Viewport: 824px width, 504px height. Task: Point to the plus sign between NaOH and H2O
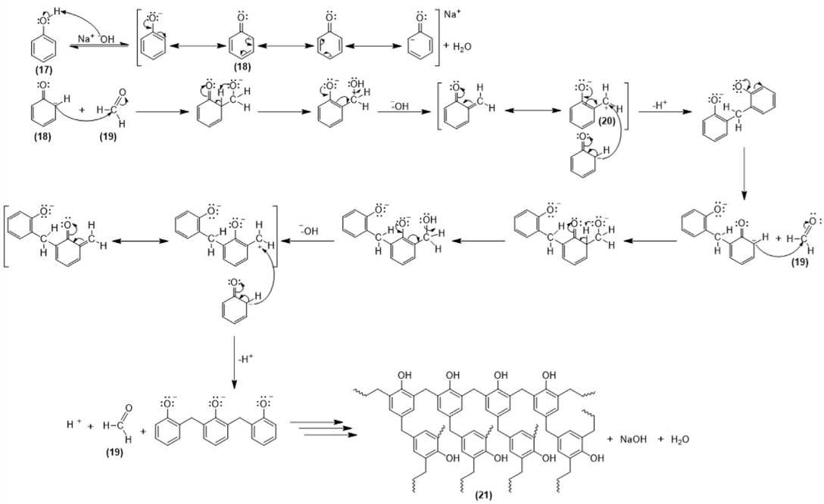pyautogui.click(x=656, y=439)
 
